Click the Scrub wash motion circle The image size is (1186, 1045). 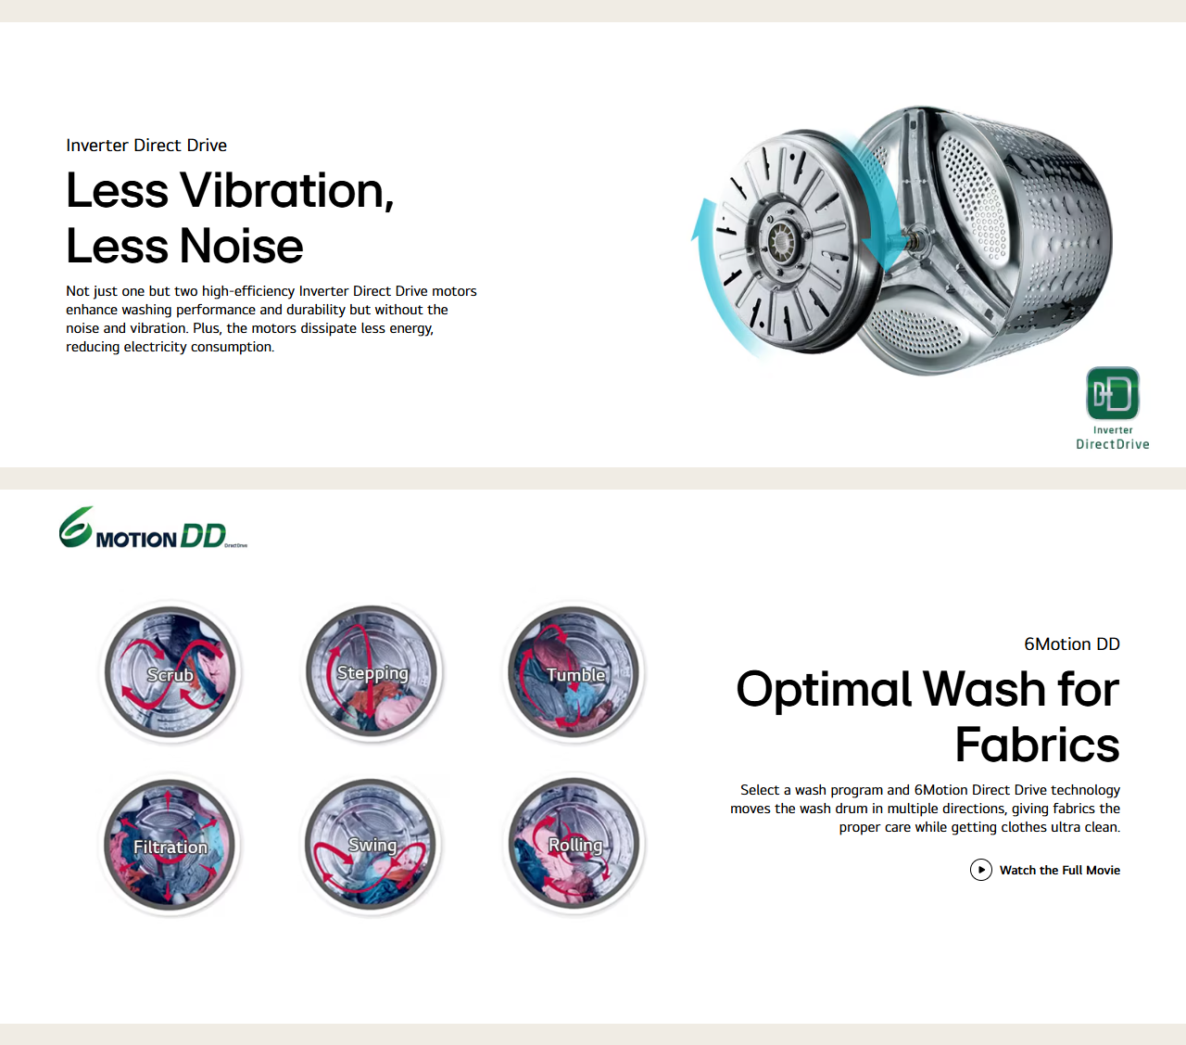click(170, 672)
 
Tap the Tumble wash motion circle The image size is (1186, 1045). click(574, 672)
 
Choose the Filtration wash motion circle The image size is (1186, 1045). click(170, 844)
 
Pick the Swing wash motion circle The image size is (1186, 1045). click(372, 844)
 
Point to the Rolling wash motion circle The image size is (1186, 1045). click(574, 844)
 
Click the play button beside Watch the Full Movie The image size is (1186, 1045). click(981, 870)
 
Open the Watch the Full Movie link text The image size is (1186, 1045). click(1060, 870)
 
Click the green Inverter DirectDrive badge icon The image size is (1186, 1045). click(1112, 393)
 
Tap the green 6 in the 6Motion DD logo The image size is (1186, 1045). click(76, 528)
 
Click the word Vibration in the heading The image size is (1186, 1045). click(287, 190)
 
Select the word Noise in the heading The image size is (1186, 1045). click(242, 246)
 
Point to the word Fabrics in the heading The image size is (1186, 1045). click(1038, 744)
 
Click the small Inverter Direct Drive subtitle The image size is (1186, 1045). click(146, 146)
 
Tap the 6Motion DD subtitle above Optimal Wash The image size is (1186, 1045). click(1072, 644)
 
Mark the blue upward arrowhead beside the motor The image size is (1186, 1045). click(705, 220)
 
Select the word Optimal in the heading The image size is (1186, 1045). click(824, 690)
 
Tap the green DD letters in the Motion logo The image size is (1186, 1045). click(203, 535)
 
